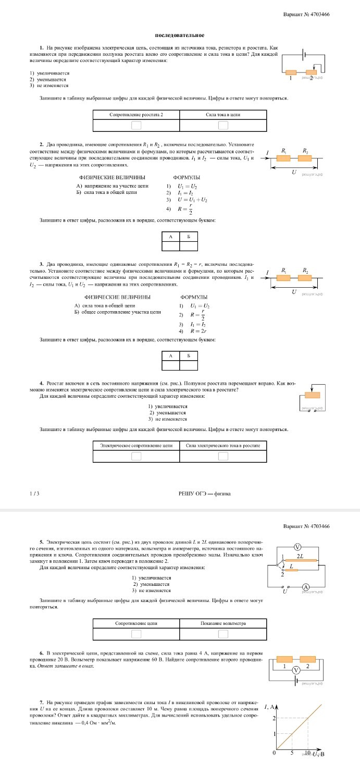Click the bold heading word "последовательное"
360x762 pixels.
(179, 35)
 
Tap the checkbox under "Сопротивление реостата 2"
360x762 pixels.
(136, 125)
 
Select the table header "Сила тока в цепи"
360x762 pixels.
(223, 114)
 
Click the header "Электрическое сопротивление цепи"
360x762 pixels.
(136, 446)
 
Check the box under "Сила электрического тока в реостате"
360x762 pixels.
(223, 457)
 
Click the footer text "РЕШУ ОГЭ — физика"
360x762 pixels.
(205, 493)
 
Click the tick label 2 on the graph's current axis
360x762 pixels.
(275, 718)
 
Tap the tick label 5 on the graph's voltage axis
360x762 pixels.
(292, 754)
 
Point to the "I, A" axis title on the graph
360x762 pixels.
(270, 707)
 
